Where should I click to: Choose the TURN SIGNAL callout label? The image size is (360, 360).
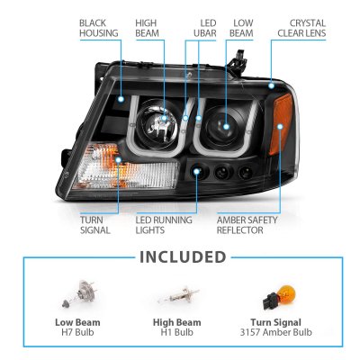click(x=95, y=224)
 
